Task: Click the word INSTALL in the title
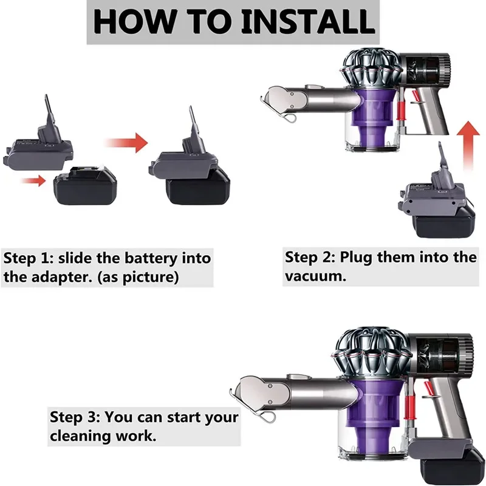[307, 22]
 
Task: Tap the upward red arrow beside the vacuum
[468, 146]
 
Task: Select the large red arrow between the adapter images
[126, 143]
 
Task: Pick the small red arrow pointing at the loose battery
[33, 180]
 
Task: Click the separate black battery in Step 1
[85, 186]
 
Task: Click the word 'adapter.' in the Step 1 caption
[62, 278]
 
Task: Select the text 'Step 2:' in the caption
[310, 258]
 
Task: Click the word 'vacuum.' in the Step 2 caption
[315, 276]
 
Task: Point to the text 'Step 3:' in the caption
[75, 417]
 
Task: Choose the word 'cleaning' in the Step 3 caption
[81, 436]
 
